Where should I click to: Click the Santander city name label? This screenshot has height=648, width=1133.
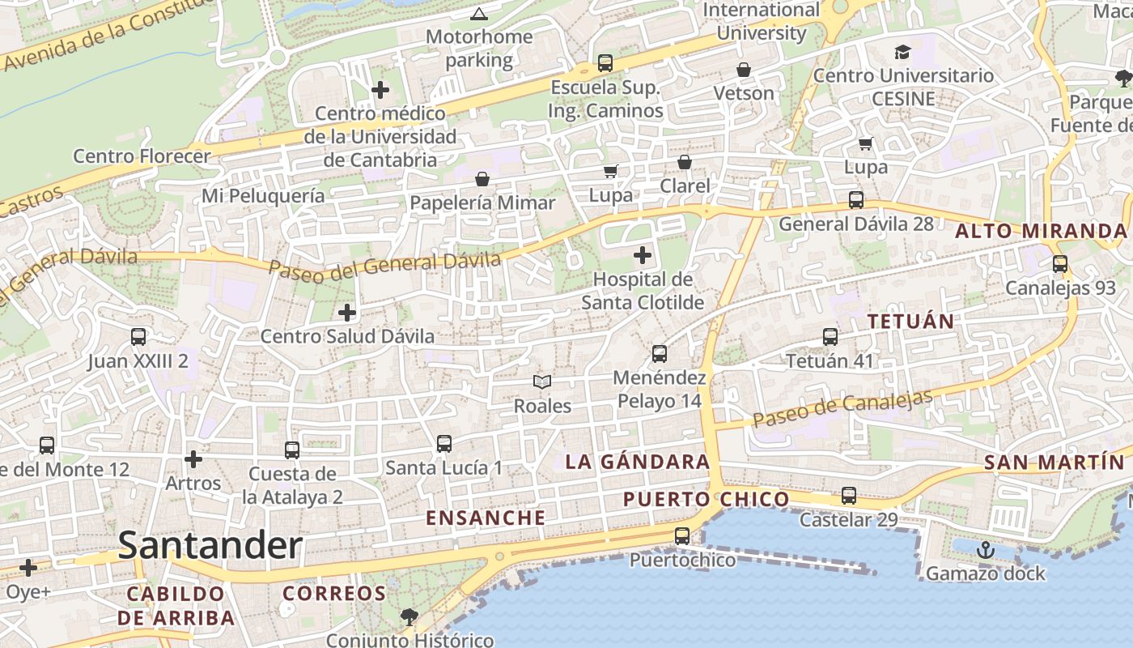tap(210, 545)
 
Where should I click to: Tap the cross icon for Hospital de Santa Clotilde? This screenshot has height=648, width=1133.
tap(643, 256)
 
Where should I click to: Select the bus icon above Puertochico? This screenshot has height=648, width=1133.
tap(682, 535)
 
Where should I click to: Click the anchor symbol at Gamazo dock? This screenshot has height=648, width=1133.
tap(985, 550)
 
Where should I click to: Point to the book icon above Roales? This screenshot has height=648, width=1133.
tap(542, 382)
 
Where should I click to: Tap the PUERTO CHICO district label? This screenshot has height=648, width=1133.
tap(706, 499)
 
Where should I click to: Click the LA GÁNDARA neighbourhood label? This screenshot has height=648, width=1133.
tap(637, 462)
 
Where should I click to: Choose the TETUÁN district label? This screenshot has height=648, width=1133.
tap(910, 321)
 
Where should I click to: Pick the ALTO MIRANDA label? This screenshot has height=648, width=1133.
tap(1041, 231)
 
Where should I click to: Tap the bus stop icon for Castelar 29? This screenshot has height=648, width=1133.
tap(848, 495)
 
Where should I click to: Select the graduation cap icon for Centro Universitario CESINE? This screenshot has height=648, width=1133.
tap(902, 53)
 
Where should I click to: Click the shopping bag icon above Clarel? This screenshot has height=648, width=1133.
tap(685, 162)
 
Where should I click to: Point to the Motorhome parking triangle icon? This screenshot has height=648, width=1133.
tap(479, 14)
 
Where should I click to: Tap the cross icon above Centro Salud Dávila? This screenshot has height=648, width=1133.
tap(347, 312)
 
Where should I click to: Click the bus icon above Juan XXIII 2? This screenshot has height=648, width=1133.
tap(138, 336)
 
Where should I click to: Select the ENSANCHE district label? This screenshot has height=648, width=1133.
tap(486, 517)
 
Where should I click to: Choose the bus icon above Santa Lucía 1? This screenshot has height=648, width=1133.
tap(443, 443)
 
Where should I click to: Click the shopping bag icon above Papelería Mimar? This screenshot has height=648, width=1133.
tap(482, 178)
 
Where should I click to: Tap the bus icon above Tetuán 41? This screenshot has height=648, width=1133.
tap(830, 336)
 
